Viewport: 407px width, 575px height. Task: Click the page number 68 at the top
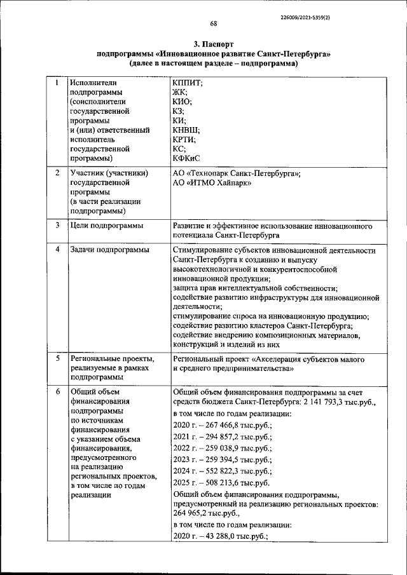point(214,24)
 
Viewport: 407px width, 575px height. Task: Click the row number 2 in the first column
point(57,173)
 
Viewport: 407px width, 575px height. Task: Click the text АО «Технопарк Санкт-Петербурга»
point(237,173)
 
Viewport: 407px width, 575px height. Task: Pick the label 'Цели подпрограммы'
point(106,226)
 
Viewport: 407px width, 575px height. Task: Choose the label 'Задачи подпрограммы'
point(109,250)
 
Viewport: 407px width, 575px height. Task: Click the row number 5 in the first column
point(57,359)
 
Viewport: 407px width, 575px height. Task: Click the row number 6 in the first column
point(57,391)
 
